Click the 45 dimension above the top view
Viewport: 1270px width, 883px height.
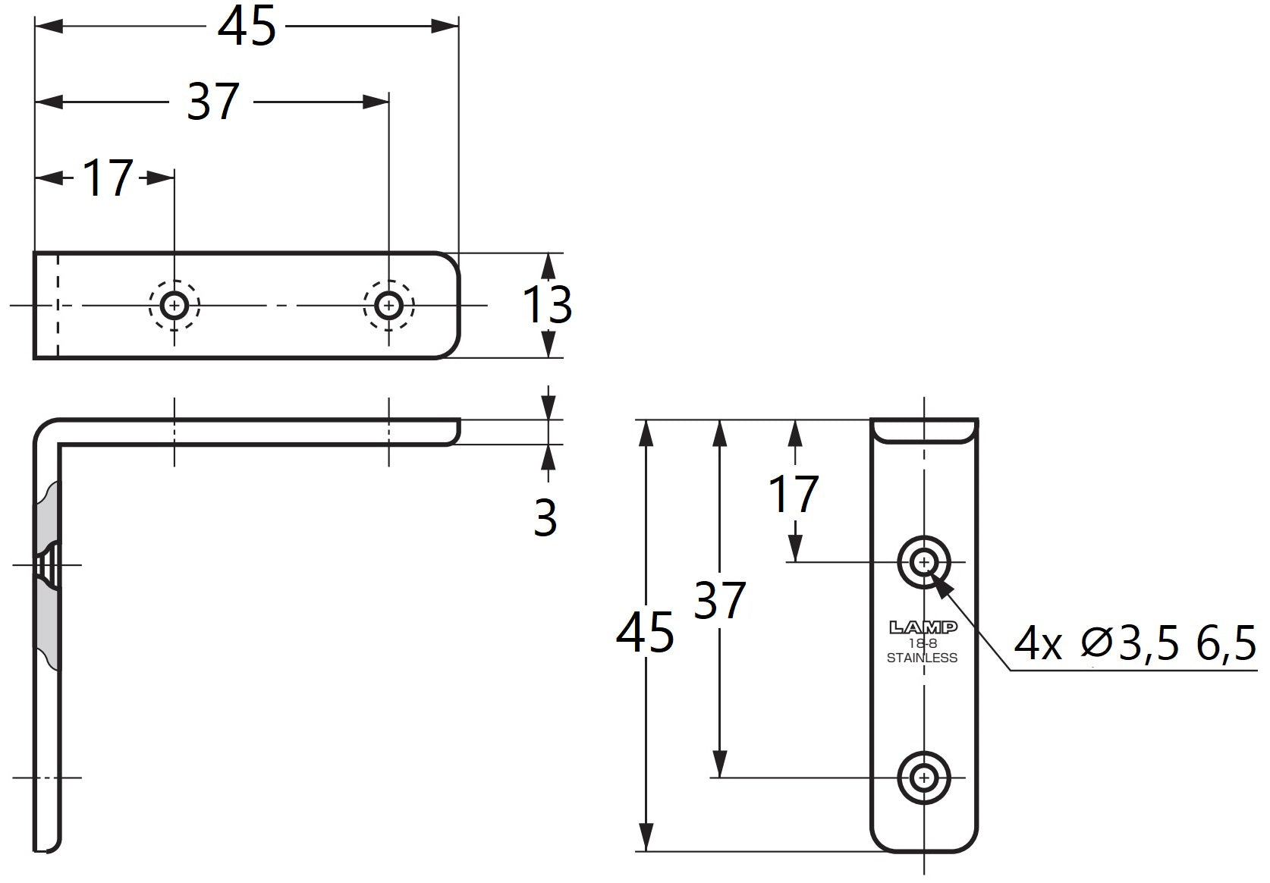tap(247, 26)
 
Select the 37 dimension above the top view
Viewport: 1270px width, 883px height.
tap(213, 102)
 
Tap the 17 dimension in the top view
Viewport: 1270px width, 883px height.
tap(108, 178)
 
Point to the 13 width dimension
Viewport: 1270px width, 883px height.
tap(546, 305)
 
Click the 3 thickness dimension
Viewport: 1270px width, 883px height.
tap(545, 517)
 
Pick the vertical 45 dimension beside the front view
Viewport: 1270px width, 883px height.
tap(645, 633)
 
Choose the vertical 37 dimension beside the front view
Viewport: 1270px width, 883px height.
tap(719, 600)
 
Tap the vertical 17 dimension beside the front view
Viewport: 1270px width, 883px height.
tap(794, 494)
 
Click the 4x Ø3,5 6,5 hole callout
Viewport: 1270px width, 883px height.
tap(1134, 644)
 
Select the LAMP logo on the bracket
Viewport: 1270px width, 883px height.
tap(923, 627)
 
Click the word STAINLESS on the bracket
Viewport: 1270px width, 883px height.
tap(923, 658)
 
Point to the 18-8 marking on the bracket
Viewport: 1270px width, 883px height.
tap(923, 643)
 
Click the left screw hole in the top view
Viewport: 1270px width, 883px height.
tap(174, 306)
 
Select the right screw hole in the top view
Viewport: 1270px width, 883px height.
tap(388, 306)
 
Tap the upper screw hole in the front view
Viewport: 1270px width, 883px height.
tap(924, 562)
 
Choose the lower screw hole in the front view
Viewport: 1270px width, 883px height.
tap(924, 778)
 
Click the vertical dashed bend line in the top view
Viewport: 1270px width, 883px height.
tap(57, 306)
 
